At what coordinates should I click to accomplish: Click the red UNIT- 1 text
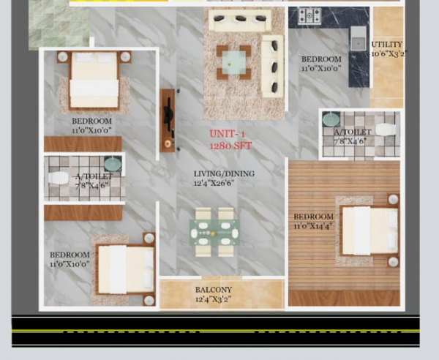[228, 134]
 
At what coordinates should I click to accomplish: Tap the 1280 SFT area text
[230, 146]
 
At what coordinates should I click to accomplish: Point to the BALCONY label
[214, 290]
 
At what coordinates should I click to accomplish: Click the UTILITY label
[386, 44]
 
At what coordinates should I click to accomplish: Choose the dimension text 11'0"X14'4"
[314, 226]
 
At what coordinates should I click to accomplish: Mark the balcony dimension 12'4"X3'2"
[214, 299]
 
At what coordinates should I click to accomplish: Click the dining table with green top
[215, 233]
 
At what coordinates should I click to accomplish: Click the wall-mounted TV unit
[168, 120]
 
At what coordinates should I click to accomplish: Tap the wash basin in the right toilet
[331, 119]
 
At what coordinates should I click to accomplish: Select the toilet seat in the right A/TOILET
[386, 130]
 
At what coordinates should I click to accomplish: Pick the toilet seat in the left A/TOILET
[58, 179]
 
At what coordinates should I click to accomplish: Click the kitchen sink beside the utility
[359, 38]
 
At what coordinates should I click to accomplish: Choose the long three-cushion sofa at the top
[239, 20]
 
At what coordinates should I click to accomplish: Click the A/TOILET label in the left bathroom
[92, 176]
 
